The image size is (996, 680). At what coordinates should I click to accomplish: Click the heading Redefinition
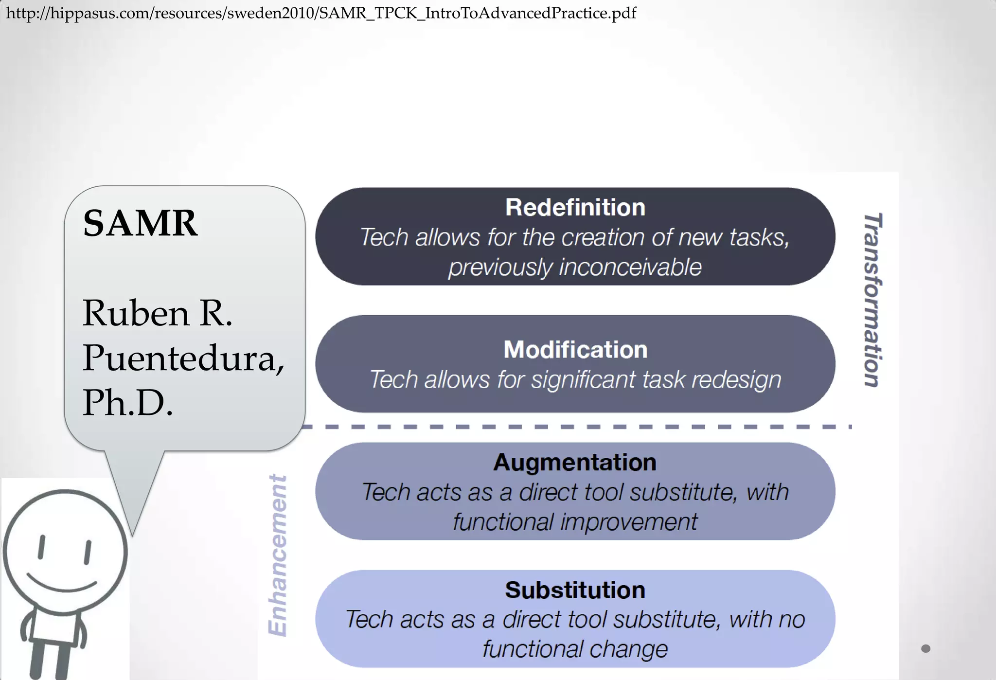575,208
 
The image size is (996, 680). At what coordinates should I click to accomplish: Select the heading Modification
575,350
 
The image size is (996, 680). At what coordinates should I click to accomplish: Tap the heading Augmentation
575,463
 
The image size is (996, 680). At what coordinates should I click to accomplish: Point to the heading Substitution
575,590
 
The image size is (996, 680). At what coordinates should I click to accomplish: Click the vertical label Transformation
872,300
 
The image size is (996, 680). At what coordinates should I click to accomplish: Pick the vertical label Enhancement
278,555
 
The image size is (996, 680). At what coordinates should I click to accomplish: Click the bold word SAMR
140,223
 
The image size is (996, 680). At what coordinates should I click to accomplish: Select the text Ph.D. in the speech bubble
127,403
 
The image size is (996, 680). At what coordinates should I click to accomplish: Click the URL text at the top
321,13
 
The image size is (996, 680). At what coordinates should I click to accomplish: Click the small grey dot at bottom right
925,648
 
